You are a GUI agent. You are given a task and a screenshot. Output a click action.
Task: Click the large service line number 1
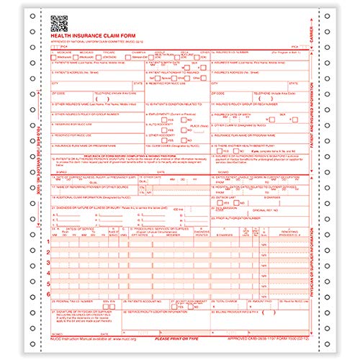click(49, 240)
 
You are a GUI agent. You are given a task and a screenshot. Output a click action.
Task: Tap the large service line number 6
click(49, 294)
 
